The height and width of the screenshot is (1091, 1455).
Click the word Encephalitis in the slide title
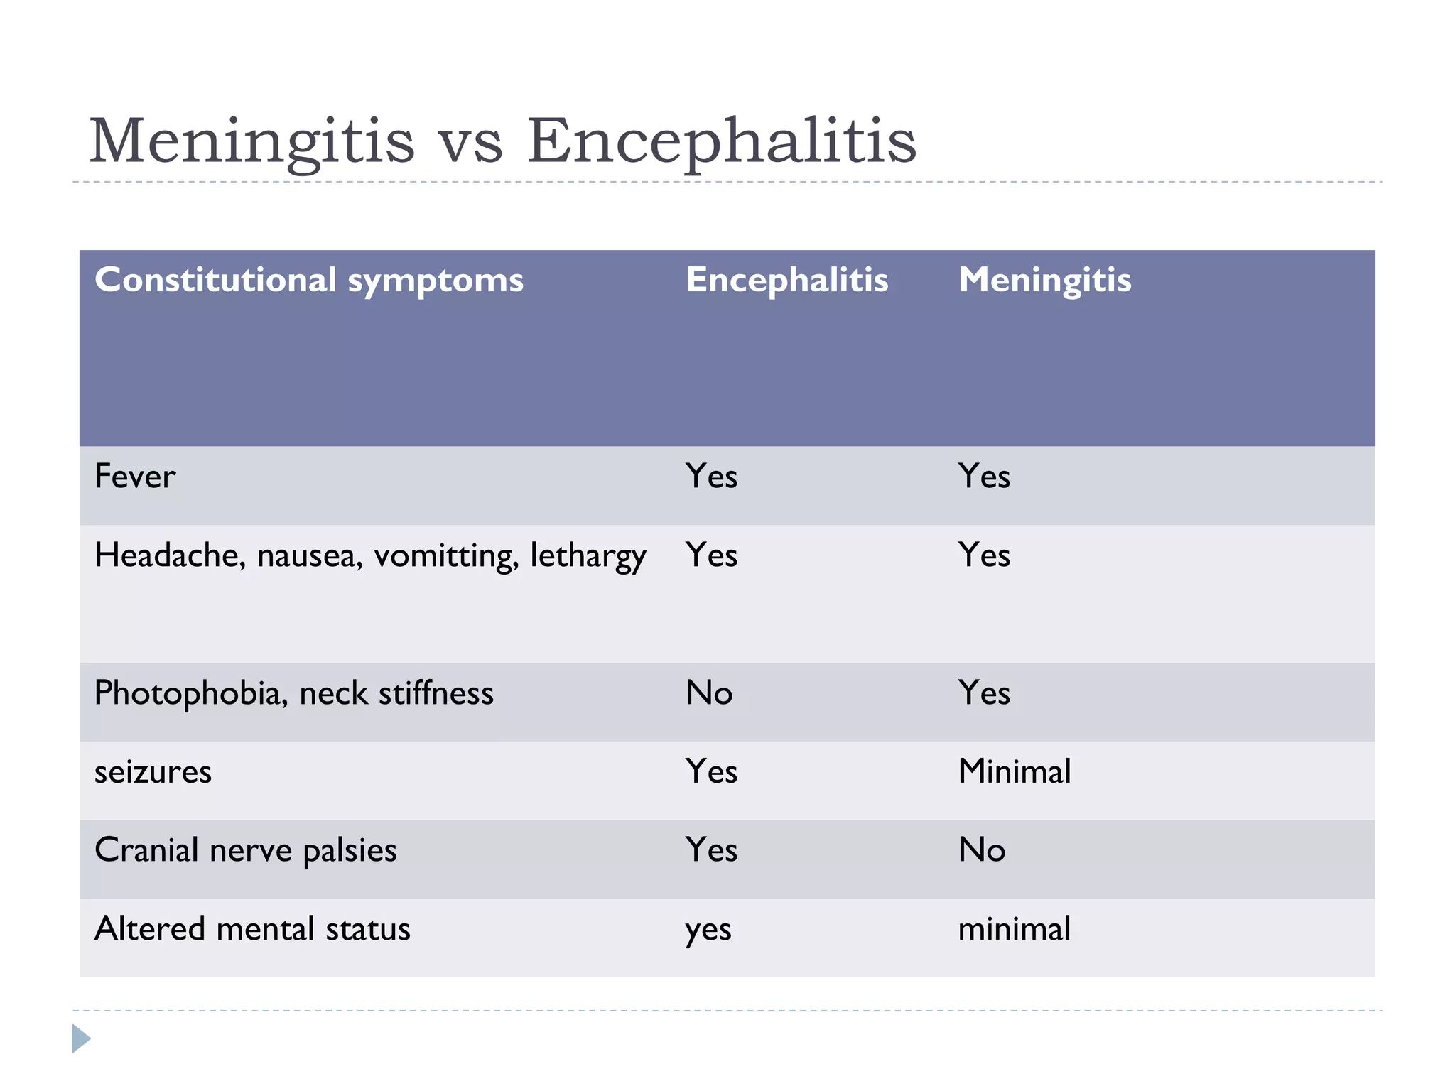tap(721, 141)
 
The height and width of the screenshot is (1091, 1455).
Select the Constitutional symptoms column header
tap(309, 280)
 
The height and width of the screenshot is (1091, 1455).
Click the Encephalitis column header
tap(786, 280)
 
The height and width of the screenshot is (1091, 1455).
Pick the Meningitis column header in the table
tap(1044, 280)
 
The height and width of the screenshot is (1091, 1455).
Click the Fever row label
tap(135, 476)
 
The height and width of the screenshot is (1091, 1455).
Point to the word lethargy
tap(588, 556)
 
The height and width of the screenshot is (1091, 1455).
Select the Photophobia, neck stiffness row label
tap(293, 693)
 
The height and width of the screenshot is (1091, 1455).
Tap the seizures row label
tap(153, 772)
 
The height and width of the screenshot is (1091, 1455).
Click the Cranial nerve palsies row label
tap(245, 850)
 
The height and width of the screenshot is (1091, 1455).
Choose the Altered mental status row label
tap(252, 929)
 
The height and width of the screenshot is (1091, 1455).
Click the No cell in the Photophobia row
tap(708, 693)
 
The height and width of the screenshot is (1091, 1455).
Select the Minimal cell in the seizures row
tap(1014, 772)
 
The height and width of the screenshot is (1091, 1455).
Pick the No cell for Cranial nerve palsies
tap(981, 850)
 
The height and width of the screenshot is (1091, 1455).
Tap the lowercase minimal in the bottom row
tap(1014, 929)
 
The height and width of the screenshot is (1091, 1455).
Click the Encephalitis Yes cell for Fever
tap(711, 476)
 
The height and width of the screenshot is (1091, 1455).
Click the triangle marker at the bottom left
tap(80, 1038)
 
